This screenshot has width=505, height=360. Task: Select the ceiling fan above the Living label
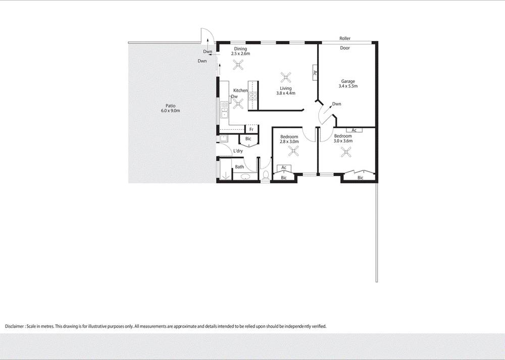click(x=286, y=77)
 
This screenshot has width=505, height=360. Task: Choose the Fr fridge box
click(x=251, y=129)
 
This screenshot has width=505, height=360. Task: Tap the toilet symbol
click(x=266, y=175)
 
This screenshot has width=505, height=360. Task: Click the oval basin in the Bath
click(x=246, y=177)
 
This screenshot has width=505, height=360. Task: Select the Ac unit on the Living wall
click(x=315, y=73)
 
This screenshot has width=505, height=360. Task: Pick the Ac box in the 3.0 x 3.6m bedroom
click(x=354, y=130)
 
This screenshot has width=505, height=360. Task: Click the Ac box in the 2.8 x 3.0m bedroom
click(x=284, y=168)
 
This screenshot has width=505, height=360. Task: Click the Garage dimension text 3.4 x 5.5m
click(x=348, y=86)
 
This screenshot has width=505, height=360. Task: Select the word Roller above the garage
click(x=345, y=38)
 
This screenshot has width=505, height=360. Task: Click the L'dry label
click(x=238, y=151)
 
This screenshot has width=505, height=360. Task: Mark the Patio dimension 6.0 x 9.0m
click(x=170, y=111)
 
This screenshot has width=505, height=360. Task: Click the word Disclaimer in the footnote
click(x=15, y=326)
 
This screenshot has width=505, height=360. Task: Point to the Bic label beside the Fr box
click(x=248, y=139)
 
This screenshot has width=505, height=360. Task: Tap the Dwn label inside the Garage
click(x=337, y=104)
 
